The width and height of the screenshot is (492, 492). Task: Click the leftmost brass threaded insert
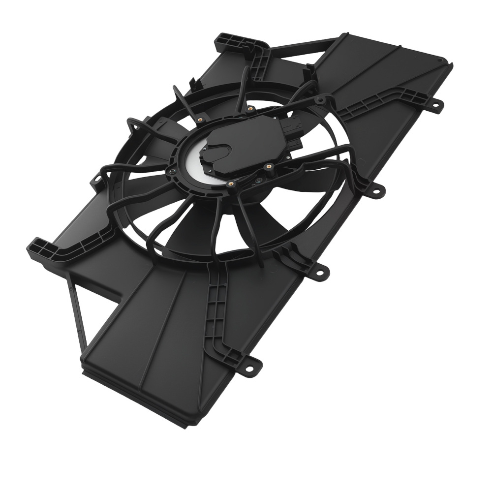200,119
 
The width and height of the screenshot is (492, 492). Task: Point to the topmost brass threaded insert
250,108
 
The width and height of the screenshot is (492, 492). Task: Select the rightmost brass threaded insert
270,167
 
